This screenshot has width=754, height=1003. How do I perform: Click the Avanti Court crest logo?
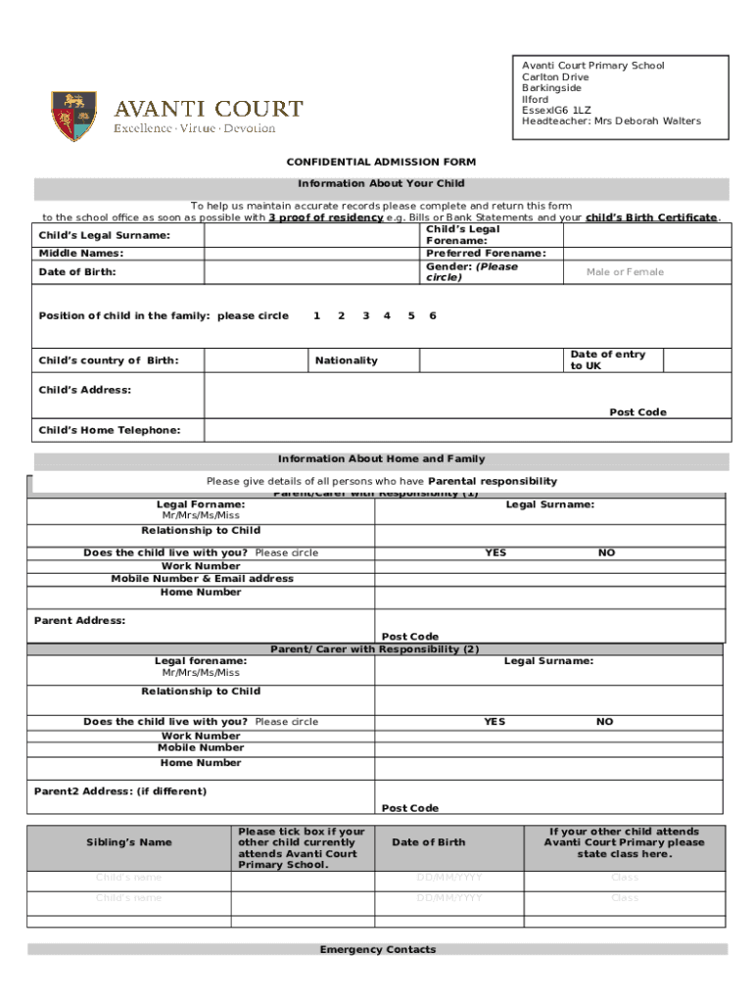tap(73, 116)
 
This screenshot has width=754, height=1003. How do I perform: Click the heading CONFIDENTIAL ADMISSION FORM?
tap(381, 162)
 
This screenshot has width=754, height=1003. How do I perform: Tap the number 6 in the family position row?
tap(433, 315)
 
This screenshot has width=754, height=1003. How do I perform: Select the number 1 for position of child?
tap(316, 315)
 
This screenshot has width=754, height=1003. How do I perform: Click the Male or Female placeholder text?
tap(625, 271)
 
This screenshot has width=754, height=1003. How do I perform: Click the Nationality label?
tap(346, 360)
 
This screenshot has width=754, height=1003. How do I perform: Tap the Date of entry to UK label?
tap(607, 359)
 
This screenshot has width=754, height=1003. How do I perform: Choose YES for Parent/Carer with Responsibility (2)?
tap(495, 722)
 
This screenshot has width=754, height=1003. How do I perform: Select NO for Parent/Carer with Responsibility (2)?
tap(605, 722)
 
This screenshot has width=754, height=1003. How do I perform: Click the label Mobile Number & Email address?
tap(202, 579)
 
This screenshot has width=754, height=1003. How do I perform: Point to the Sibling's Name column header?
tap(127, 842)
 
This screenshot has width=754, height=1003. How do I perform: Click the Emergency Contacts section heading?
tap(377, 949)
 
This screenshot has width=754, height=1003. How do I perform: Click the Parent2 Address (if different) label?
tap(120, 791)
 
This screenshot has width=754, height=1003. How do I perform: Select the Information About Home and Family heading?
tap(381, 458)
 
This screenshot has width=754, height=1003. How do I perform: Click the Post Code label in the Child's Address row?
tap(637, 412)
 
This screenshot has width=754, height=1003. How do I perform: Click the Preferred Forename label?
tap(486, 253)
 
